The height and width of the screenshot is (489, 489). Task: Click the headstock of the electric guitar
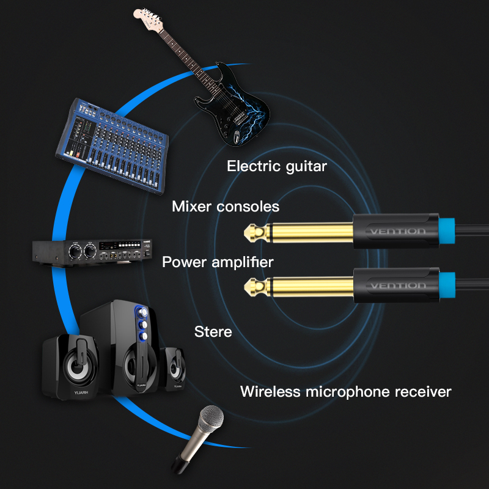coord(148,20)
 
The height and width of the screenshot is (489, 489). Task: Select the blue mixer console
coord(112,146)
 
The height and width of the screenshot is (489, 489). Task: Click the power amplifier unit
coord(92,252)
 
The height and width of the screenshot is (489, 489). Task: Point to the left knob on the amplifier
coord(75,251)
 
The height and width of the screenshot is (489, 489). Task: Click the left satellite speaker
coord(71,367)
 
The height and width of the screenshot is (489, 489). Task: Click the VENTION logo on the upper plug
coord(398,231)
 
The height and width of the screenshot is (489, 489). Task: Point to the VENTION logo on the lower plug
coord(398,285)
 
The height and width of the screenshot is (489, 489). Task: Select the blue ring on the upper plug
coord(447,231)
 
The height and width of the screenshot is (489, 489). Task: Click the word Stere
coord(213,331)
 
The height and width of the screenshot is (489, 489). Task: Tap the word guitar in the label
coord(306,167)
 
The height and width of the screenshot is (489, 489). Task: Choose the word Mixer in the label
coord(191,207)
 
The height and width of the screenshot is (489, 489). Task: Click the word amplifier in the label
coord(243,262)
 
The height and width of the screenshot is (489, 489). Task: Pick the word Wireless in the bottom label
coord(270,391)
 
